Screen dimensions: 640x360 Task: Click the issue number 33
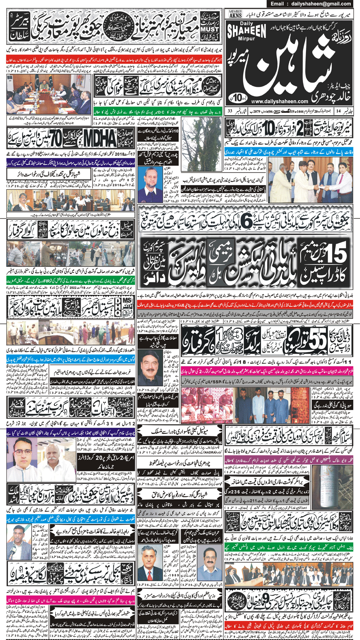tap(230, 111)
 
